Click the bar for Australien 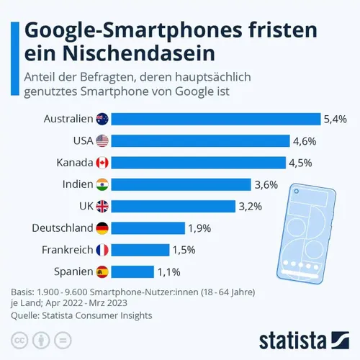click(x=215, y=119)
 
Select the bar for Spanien click(x=132, y=271)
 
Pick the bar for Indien click(x=181, y=184)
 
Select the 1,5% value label click(x=185, y=250)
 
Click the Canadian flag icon click(x=102, y=163)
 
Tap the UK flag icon click(x=102, y=207)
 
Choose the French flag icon click(x=102, y=250)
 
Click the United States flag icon click(x=102, y=141)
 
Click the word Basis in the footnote click(x=22, y=292)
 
